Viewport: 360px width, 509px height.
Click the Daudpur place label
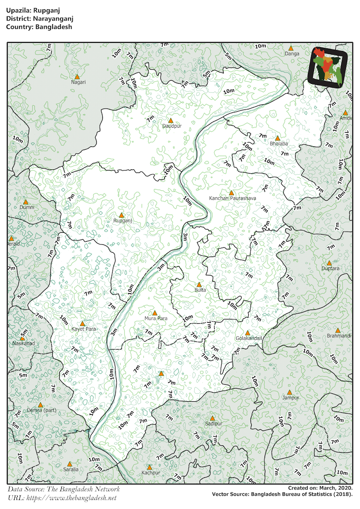(172, 126)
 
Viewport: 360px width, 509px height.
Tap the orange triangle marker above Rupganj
(121, 215)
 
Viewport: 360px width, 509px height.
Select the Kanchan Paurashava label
(233, 198)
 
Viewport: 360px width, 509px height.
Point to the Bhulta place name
(200, 290)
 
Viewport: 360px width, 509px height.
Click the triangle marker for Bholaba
(278, 138)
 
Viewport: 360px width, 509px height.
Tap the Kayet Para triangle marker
(82, 323)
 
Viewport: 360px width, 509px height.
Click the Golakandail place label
(249, 338)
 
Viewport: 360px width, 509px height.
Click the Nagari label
(78, 82)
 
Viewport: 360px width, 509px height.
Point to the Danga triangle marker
(291, 48)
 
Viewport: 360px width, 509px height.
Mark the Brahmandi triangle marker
(338, 330)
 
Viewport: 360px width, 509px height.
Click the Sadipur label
(214, 424)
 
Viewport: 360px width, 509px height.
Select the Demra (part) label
(41, 411)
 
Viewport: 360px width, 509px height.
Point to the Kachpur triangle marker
(149, 467)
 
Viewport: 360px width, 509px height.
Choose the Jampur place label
(290, 398)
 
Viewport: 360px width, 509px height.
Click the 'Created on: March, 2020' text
(320, 488)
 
